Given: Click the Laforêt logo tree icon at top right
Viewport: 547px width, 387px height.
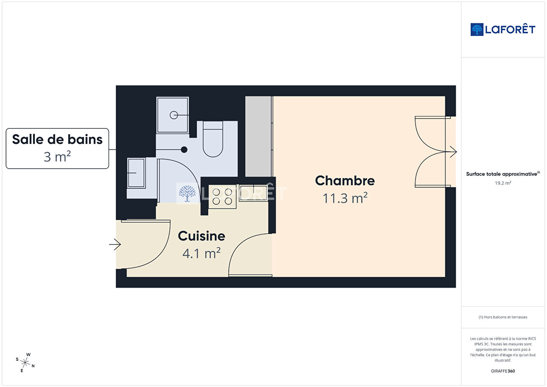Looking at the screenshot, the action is pyautogui.click(x=477, y=29).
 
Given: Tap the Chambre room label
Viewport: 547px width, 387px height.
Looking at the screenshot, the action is pyautogui.click(x=345, y=181).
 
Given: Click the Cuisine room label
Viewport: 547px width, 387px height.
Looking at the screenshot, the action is pyautogui.click(x=201, y=236).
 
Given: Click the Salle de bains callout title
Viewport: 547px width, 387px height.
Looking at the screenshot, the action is pyautogui.click(x=57, y=140).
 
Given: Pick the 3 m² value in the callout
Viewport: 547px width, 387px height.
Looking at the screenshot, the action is pyautogui.click(x=57, y=157).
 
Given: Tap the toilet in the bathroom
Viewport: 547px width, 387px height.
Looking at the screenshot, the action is pyautogui.click(x=213, y=139).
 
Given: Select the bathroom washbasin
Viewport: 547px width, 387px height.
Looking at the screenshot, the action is pyautogui.click(x=136, y=173).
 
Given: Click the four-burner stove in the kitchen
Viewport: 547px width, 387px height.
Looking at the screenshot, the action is pyautogui.click(x=222, y=197).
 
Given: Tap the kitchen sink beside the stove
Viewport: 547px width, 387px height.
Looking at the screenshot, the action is pyautogui.click(x=253, y=193).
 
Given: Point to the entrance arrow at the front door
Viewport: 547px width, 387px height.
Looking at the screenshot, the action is pyautogui.click(x=115, y=244).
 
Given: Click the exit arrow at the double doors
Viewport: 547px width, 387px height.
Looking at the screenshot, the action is pyautogui.click(x=451, y=152).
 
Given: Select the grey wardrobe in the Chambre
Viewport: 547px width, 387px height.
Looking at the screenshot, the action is pyautogui.click(x=258, y=136).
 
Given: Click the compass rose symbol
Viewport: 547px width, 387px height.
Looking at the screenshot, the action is pyautogui.click(x=25, y=363).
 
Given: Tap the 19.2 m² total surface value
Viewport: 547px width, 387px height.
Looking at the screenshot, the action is pyautogui.click(x=503, y=183).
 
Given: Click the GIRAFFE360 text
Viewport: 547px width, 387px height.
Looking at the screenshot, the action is pyautogui.click(x=503, y=371).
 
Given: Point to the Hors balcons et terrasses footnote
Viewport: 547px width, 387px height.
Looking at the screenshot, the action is pyautogui.click(x=503, y=317).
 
